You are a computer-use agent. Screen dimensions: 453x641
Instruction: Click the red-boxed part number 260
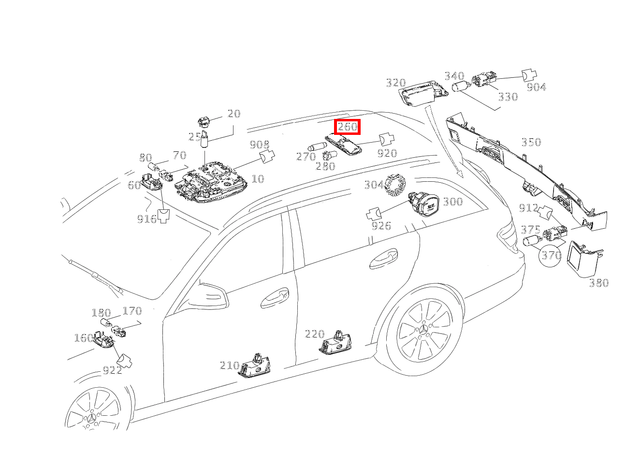point(347,127)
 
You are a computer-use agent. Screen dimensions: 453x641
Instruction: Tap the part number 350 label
point(531,142)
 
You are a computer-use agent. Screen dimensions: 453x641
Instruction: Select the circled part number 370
point(551,255)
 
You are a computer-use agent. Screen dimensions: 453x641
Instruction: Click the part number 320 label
point(395,83)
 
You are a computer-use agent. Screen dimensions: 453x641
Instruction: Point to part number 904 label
point(536,87)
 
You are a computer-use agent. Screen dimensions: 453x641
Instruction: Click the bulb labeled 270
point(318,146)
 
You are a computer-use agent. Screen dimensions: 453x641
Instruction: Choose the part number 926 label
point(381,226)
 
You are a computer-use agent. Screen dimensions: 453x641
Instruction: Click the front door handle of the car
point(275,298)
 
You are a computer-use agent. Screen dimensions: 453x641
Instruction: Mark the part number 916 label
point(146,219)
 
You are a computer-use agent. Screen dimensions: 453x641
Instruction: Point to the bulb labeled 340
point(461,88)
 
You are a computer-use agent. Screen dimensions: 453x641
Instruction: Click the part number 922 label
point(112,371)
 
